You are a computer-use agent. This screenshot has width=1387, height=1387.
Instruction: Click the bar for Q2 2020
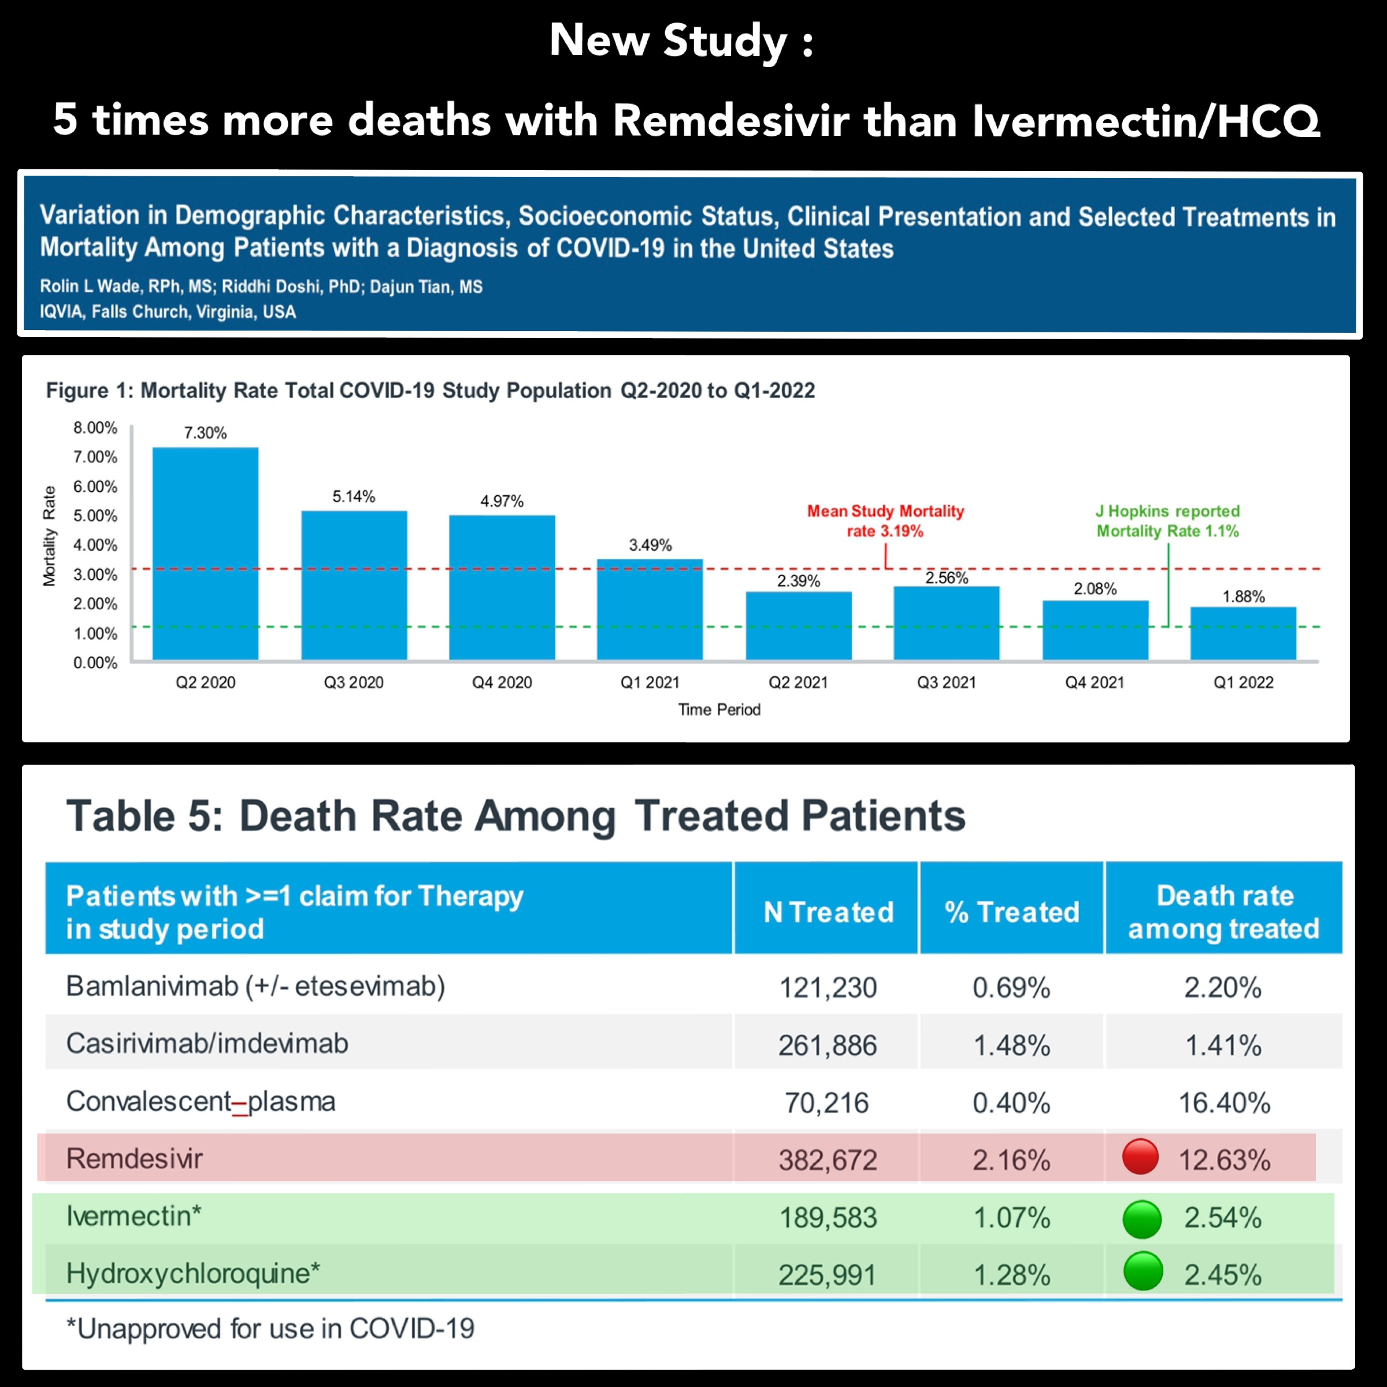(205, 553)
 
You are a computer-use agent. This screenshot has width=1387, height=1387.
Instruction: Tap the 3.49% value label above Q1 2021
(650, 545)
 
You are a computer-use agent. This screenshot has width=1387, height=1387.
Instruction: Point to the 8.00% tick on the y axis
(95, 428)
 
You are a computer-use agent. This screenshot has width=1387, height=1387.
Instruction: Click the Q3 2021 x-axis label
(946, 682)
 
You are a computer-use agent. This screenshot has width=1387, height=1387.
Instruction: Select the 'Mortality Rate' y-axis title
(49, 536)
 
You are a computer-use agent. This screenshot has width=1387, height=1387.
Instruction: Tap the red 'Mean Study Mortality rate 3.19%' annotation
(885, 521)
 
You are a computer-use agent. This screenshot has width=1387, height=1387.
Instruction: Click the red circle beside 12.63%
(1140, 1156)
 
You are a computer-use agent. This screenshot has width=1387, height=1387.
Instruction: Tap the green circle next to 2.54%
(1141, 1219)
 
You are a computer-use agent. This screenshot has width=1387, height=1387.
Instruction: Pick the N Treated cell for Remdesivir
(828, 1159)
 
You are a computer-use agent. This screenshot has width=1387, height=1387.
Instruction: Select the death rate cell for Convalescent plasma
(1224, 1102)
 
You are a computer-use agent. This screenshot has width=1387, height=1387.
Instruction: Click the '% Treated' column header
(1011, 912)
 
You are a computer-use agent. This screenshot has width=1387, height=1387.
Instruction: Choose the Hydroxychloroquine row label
(192, 1274)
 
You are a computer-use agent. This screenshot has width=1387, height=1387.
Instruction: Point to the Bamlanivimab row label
(255, 987)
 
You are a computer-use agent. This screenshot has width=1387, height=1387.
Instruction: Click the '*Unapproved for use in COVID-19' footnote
(270, 1328)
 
